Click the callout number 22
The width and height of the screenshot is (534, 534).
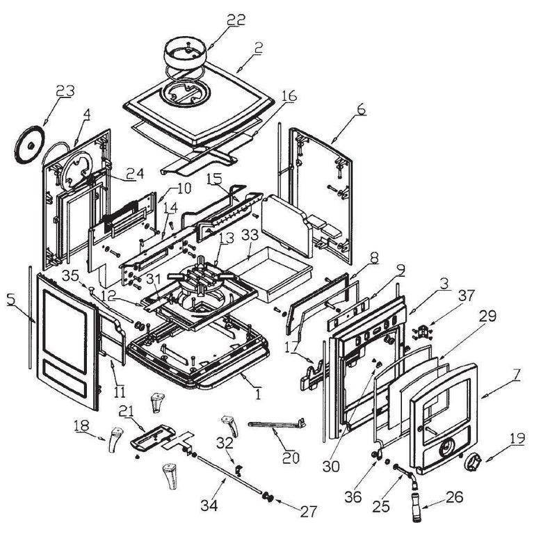236,19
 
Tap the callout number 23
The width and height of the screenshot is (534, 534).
65,90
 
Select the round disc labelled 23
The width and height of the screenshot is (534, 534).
30,145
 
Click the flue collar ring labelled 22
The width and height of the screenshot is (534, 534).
186,52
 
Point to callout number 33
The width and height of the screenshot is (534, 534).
250,236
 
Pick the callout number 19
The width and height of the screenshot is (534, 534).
517,438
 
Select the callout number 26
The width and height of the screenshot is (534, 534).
454,497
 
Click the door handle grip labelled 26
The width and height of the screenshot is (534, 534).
416,507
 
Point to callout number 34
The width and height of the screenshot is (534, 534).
209,505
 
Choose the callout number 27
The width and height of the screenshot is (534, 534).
309,511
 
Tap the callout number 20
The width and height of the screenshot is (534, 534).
291,458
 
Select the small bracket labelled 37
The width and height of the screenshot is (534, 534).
422,332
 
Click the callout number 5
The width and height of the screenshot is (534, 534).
11,299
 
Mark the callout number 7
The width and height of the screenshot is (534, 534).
517,375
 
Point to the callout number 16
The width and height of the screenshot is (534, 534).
289,96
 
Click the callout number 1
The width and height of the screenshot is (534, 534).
258,394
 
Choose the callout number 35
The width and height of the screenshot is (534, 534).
71,275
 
